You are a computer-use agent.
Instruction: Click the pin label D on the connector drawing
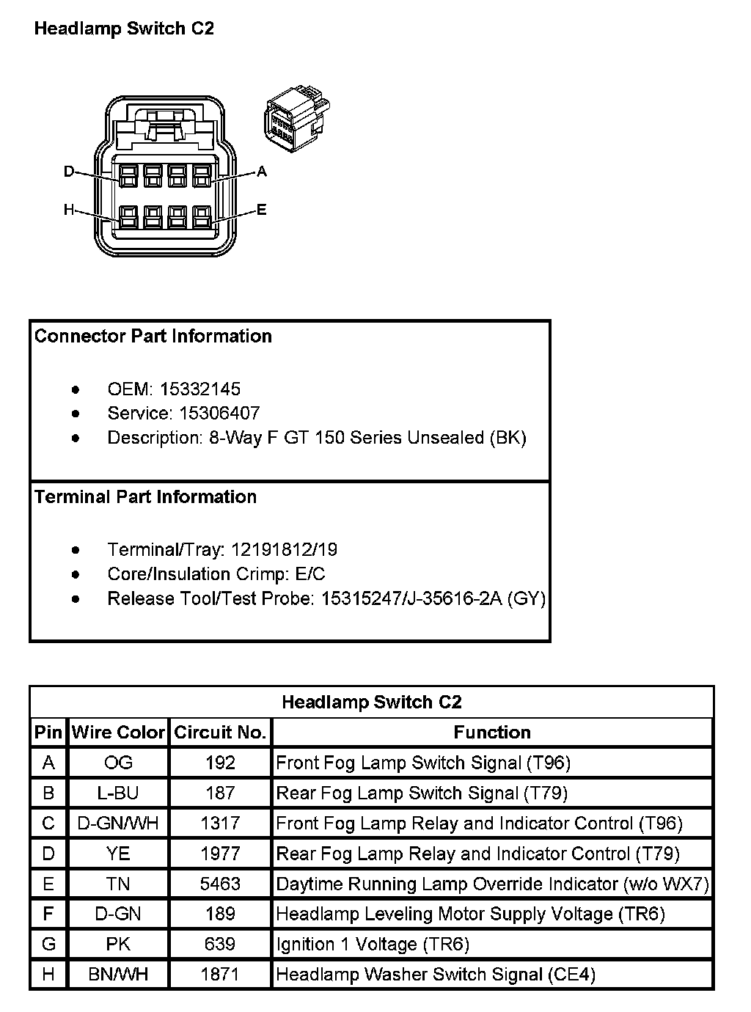(x=69, y=172)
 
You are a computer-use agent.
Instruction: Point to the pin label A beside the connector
(x=262, y=172)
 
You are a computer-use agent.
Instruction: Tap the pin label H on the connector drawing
(x=69, y=210)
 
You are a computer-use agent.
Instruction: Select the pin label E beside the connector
(x=262, y=210)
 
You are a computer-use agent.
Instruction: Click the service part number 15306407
(x=219, y=413)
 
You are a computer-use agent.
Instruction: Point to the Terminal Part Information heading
(x=145, y=497)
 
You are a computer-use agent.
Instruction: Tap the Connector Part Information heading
(x=153, y=336)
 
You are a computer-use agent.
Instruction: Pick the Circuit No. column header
(x=220, y=733)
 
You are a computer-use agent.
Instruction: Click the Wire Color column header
(x=118, y=733)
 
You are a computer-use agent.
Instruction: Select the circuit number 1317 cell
(x=220, y=824)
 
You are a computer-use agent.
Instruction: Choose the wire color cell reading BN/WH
(x=118, y=975)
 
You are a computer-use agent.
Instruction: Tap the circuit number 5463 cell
(x=220, y=884)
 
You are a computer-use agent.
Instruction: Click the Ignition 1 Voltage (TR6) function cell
(x=373, y=944)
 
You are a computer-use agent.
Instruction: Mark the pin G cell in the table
(x=48, y=944)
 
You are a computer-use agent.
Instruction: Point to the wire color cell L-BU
(x=118, y=793)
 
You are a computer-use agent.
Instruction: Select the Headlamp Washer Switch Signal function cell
(x=436, y=975)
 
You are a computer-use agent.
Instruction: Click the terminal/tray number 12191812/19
(x=284, y=550)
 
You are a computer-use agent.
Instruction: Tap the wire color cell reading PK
(x=118, y=944)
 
